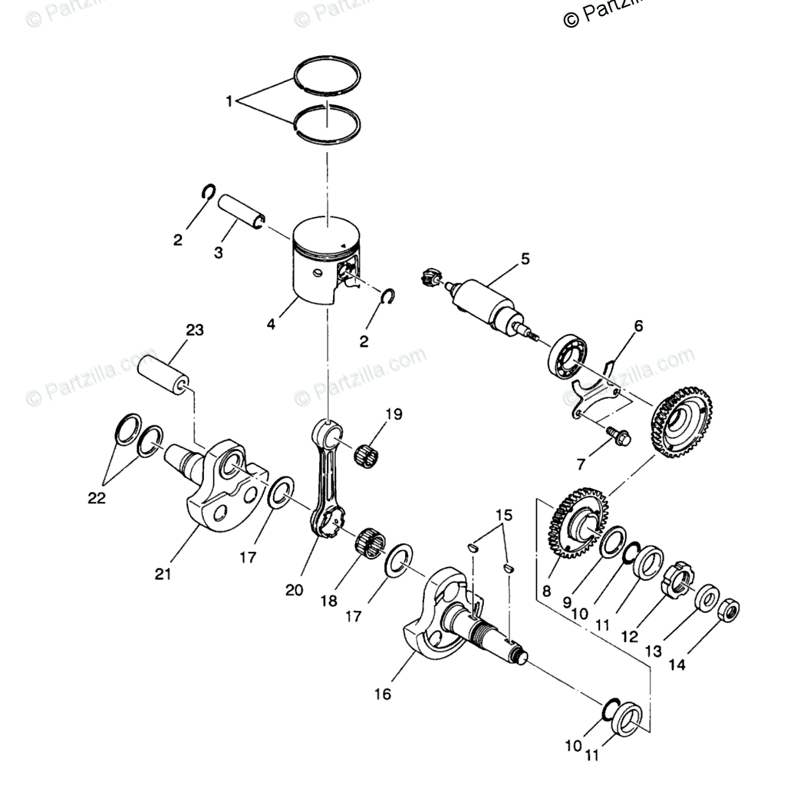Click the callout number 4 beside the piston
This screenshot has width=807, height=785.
[271, 324]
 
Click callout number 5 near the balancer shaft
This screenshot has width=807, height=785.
[525, 259]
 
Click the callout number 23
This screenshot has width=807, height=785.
[194, 331]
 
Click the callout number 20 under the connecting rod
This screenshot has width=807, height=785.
[295, 590]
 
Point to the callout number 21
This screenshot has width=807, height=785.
[163, 573]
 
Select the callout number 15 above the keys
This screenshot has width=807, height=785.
[502, 514]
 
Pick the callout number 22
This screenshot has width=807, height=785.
[96, 498]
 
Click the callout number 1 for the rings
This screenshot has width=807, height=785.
[229, 101]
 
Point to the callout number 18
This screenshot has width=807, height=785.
[329, 602]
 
